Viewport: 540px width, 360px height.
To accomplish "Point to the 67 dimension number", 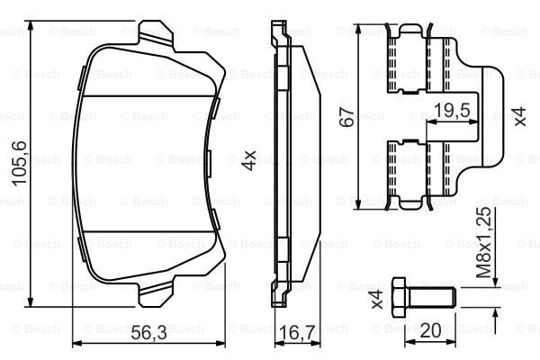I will [345, 116].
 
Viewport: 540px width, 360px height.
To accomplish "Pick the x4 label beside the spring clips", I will [518, 117].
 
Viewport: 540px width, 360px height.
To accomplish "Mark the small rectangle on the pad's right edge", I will [208, 163].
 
